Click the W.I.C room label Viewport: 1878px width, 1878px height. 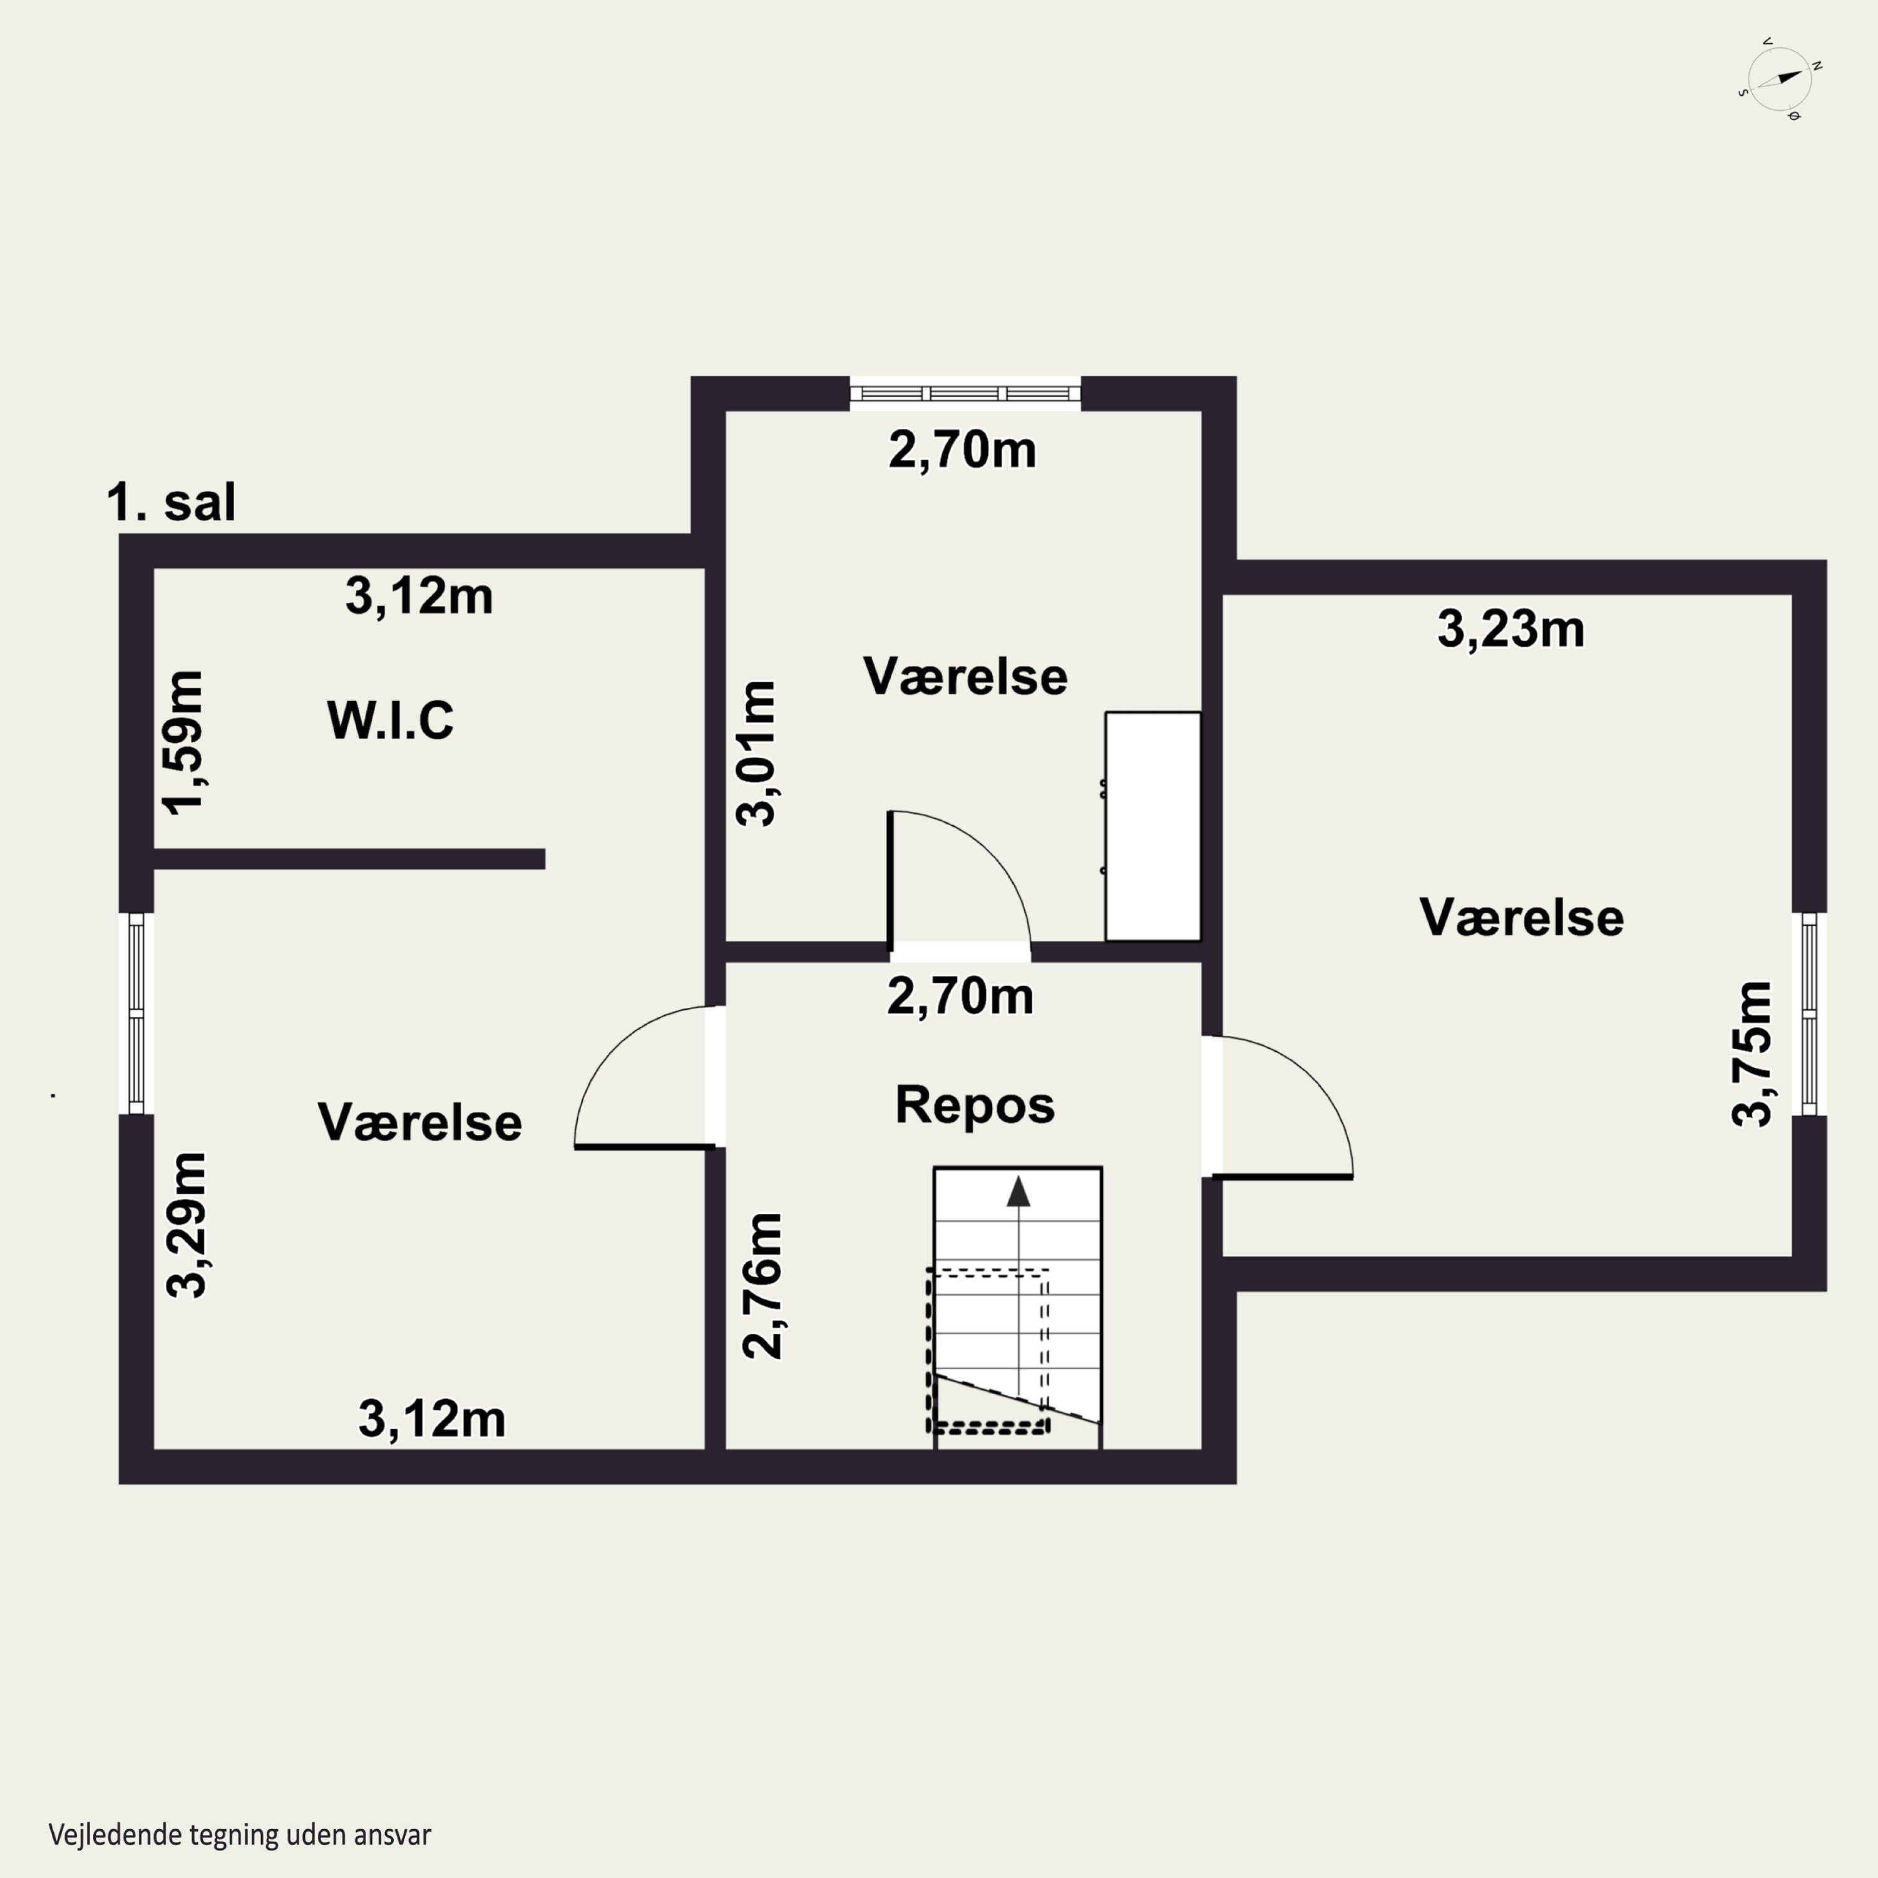pyautogui.click(x=390, y=721)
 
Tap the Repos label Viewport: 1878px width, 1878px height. pyautogui.click(x=975, y=1106)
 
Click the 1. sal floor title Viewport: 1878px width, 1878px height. pyautogui.click(x=171, y=503)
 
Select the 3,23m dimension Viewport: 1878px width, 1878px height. pyautogui.click(x=1511, y=629)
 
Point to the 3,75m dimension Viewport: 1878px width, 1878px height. pyautogui.click(x=1752, y=1053)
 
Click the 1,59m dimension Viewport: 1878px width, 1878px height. pyautogui.click(x=183, y=742)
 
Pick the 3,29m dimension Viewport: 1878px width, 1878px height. pyautogui.click(x=187, y=1225)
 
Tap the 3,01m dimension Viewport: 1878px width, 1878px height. pyautogui.click(x=756, y=753)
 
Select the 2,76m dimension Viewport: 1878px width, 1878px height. pyautogui.click(x=762, y=1285)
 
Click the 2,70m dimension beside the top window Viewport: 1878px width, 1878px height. pyautogui.click(x=962, y=451)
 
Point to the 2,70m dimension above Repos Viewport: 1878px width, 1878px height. pyautogui.click(x=960, y=997)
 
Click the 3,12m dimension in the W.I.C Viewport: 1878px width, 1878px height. pyautogui.click(x=419, y=596)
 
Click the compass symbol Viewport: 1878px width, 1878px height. pyautogui.click(x=1779, y=80)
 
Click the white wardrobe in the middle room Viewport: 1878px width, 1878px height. pyautogui.click(x=1153, y=826)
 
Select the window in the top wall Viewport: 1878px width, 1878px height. pyautogui.click(x=965, y=394)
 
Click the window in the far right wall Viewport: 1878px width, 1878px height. pyautogui.click(x=1809, y=1014)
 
